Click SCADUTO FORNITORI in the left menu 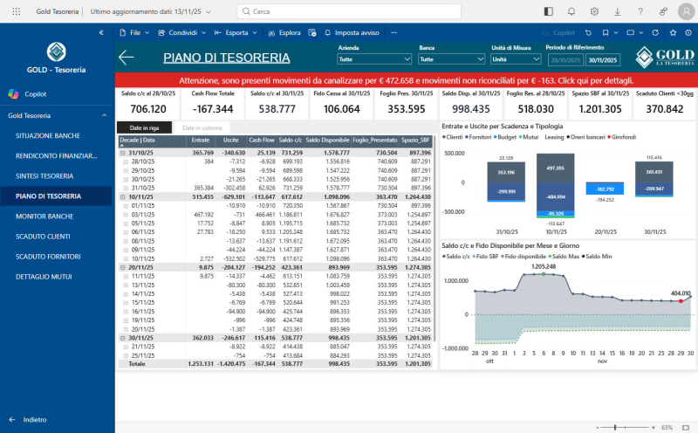[48, 256]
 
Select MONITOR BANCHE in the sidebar [44, 216]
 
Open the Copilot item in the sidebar [35, 93]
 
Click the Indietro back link [35, 419]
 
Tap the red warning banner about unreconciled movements [406, 79]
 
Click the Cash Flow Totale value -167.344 [212, 109]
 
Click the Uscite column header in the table [230, 140]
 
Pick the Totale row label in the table [137, 363]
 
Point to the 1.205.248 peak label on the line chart [543, 265]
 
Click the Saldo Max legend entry [565, 256]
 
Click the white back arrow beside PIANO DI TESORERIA [127, 58]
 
